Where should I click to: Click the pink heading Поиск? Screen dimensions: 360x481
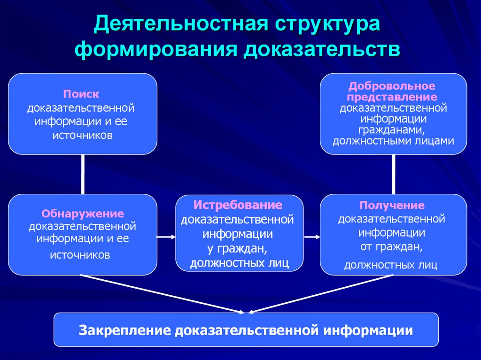[82, 94]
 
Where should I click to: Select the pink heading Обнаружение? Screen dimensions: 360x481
[83, 214]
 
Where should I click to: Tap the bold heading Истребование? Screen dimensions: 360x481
[238, 205]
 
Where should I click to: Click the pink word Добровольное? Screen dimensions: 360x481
[392, 86]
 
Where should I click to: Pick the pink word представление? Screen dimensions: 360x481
[392, 97]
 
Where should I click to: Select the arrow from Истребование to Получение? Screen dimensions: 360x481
[310, 237]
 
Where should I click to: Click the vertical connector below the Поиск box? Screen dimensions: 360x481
[83, 174]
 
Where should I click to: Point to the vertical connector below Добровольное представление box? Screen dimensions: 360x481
[393, 174]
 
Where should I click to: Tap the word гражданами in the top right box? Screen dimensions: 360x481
[393, 130]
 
